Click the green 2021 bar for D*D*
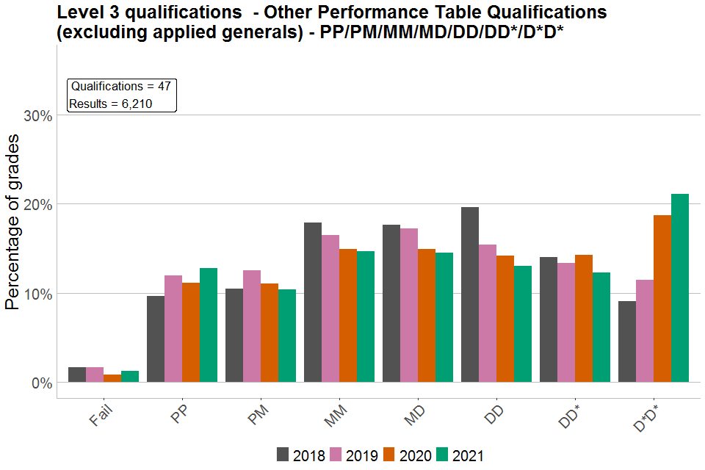680,288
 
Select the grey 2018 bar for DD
470,294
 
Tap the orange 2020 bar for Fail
112,378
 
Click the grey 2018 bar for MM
313,302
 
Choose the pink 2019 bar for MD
409,305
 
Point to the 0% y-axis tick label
40,383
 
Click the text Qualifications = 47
121,87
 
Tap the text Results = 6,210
111,104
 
